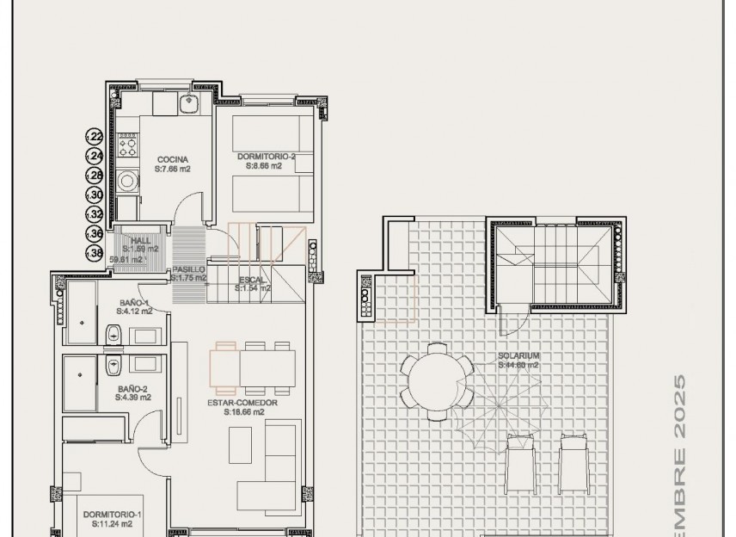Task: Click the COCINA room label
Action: coord(172,159)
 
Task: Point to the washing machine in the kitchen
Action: coord(128,182)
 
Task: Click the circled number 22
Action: coord(95,137)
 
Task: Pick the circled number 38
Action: coord(95,253)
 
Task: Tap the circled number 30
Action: coord(95,194)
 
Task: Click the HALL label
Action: coord(140,241)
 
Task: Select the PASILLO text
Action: coord(188,269)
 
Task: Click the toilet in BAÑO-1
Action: coord(113,334)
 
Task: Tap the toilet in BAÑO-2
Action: coord(113,367)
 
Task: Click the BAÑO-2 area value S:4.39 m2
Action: coord(134,398)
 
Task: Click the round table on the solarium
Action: coord(436,380)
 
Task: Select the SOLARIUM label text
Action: coord(518,355)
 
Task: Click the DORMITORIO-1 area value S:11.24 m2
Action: coord(108,523)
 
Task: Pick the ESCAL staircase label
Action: coord(254,280)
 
